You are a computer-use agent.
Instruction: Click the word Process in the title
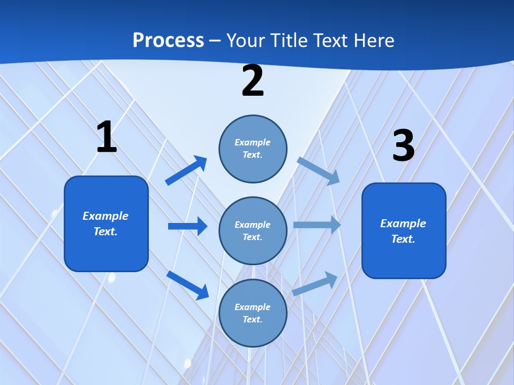click(168, 41)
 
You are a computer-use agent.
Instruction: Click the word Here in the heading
click(372, 41)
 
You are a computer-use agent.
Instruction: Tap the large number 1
click(106, 137)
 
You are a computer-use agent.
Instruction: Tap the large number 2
click(253, 81)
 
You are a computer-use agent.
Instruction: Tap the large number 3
click(403, 145)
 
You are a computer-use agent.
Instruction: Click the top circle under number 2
click(253, 149)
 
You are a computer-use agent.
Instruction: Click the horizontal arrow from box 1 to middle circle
click(187, 226)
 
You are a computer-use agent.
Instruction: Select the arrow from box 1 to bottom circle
click(187, 285)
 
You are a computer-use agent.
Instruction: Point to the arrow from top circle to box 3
click(319, 171)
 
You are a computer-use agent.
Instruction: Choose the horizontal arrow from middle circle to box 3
click(317, 225)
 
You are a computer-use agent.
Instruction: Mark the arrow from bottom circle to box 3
click(315, 284)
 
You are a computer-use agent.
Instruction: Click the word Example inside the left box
click(105, 216)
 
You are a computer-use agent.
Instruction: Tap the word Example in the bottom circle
click(253, 307)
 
